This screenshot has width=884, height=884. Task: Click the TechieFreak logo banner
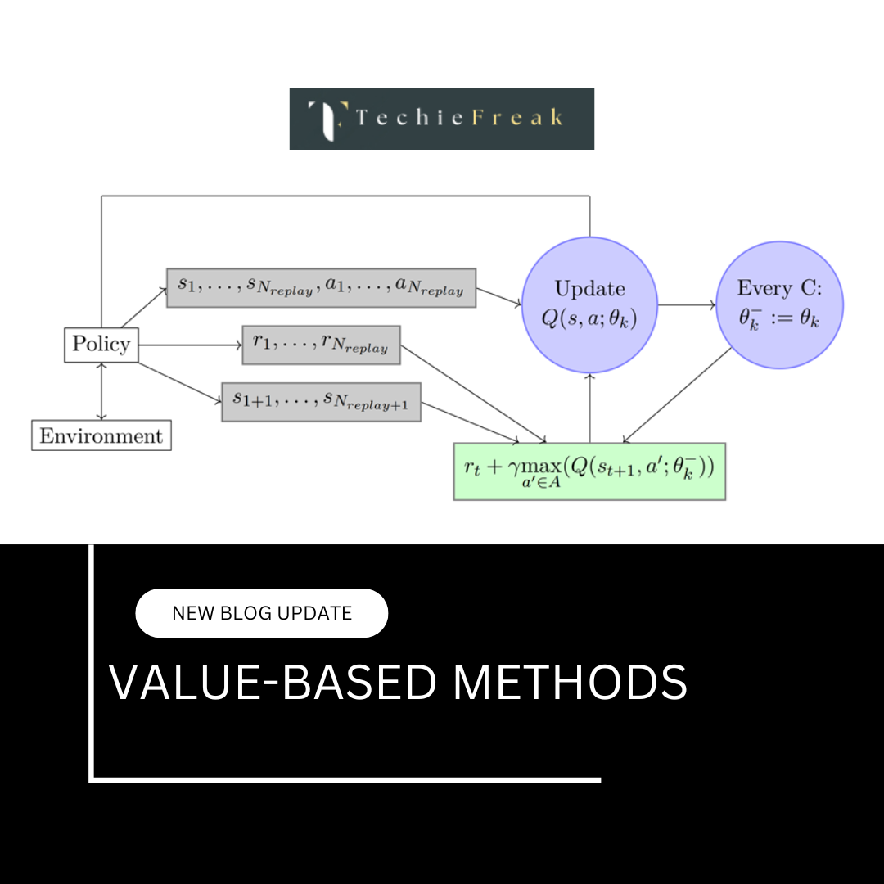click(441, 119)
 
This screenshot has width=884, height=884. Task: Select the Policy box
click(101, 344)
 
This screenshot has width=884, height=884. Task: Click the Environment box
click(101, 435)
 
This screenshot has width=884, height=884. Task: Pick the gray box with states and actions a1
click(321, 287)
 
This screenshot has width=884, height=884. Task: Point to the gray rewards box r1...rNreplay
click(321, 345)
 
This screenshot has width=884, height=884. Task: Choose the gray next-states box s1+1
click(321, 401)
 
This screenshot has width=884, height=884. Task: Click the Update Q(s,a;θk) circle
click(589, 304)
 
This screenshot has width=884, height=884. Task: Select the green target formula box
click(589, 471)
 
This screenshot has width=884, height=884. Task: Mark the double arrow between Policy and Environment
click(101, 391)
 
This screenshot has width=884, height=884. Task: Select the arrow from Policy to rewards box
click(190, 345)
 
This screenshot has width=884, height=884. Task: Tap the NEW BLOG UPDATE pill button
click(261, 613)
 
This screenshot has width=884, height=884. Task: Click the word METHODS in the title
click(570, 682)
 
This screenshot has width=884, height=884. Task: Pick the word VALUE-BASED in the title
click(273, 682)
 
